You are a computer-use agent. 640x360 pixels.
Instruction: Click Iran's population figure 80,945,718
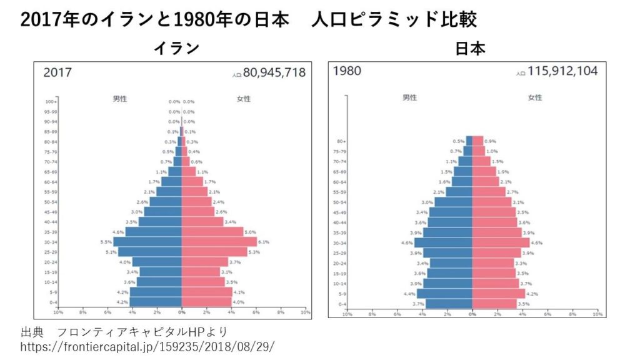tap(274, 72)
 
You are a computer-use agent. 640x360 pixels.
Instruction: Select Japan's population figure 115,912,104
tap(562, 71)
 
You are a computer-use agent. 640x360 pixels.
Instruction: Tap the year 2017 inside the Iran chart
tap(57, 72)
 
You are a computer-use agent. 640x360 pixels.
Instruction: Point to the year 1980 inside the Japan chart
tap(347, 71)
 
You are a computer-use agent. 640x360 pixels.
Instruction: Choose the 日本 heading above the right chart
tap(470, 49)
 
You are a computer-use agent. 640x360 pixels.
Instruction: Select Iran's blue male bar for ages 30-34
tap(147, 242)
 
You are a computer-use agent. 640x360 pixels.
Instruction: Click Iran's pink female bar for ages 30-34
tap(219, 242)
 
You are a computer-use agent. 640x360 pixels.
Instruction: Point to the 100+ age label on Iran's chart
tap(51, 101)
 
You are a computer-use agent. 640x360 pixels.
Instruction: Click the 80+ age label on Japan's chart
tap(342, 141)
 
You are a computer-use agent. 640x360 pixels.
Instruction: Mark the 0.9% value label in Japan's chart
tap(491, 141)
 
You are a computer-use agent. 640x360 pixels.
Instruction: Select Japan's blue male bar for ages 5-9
tap(444, 293)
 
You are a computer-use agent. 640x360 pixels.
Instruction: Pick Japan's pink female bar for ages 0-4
tap(494, 304)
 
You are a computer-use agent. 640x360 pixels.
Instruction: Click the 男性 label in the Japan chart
tap(410, 97)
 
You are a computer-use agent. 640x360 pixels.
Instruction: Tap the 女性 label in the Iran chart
tap(244, 98)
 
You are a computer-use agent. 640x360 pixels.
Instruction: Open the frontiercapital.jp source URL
tap(147, 345)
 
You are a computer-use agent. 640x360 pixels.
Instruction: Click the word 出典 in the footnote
tap(31, 331)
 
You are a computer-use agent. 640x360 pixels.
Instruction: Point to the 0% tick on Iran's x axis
tap(181, 311)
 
